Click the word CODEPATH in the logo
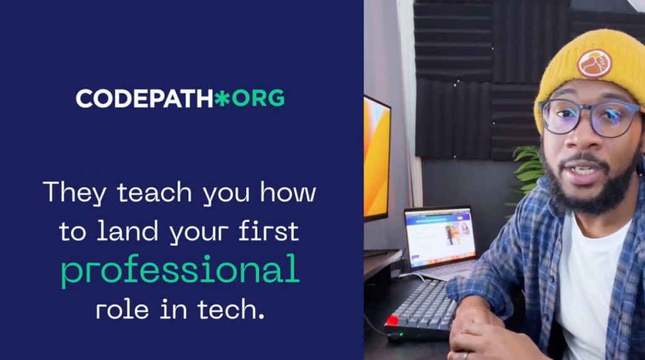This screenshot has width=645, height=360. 145,99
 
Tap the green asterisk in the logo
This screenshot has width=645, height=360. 222,99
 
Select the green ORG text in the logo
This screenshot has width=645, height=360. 258,99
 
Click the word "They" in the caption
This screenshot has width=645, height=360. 75,193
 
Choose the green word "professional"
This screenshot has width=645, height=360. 180,269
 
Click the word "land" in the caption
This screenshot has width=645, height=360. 127,231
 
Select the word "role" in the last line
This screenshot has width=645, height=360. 122,309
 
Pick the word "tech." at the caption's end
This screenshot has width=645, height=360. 231,309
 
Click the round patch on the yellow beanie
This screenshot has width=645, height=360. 594,64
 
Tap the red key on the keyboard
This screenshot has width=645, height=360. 391,321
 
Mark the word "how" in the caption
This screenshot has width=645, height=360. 288,192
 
